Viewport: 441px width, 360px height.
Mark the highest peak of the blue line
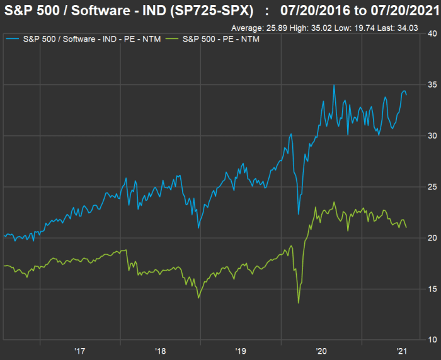pos(334,85)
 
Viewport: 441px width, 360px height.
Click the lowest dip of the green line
pos(299,303)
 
